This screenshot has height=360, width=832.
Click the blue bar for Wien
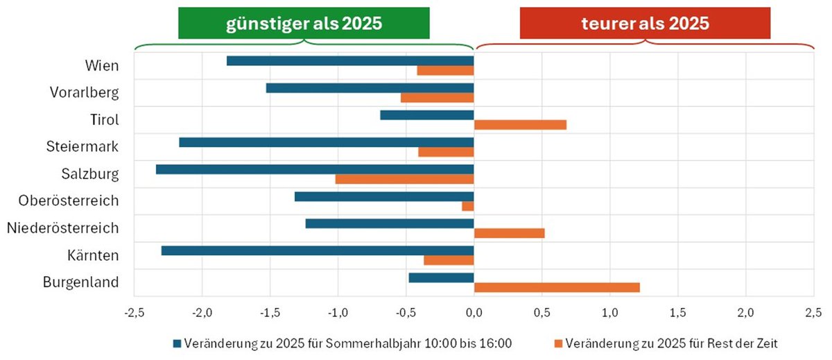[x=350, y=61]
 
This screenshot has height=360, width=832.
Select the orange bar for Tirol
[x=520, y=125]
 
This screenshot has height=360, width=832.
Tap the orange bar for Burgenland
[x=557, y=287]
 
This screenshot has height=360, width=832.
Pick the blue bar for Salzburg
[x=315, y=169]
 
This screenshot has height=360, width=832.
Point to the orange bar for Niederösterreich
[x=509, y=233]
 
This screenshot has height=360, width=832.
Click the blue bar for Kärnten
[x=318, y=250]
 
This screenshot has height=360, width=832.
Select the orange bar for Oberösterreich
[x=468, y=206]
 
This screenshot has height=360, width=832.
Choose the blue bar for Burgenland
[x=441, y=277]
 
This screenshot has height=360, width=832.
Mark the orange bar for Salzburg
[x=404, y=179]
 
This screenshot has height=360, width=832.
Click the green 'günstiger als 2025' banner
[x=304, y=24]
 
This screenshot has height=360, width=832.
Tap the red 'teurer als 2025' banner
[x=645, y=24]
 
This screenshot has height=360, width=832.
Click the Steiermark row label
[x=83, y=146]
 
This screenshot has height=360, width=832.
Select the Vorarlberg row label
[x=85, y=92]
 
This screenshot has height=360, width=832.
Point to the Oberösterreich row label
[x=69, y=200]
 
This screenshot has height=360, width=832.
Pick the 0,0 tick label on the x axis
[x=474, y=311]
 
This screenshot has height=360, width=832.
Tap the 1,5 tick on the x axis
[x=677, y=311]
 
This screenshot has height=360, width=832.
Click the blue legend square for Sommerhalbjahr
[x=177, y=343]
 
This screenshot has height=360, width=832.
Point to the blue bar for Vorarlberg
[x=370, y=88]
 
